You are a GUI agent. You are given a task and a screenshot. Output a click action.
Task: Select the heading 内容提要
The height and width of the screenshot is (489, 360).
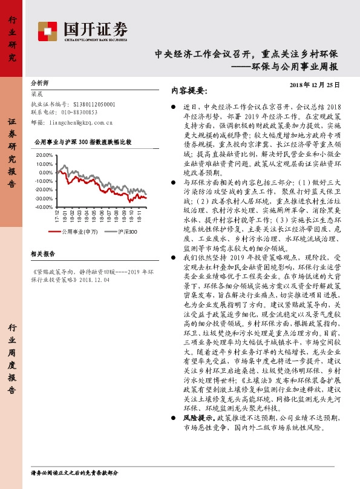tap(189, 91)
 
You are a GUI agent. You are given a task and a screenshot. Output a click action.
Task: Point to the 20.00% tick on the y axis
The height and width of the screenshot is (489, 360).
tap(45, 156)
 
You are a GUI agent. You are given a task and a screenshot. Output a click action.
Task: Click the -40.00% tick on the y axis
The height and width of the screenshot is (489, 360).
tap(44, 207)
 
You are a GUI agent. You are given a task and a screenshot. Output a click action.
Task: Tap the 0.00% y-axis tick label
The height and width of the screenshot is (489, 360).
tap(46, 172)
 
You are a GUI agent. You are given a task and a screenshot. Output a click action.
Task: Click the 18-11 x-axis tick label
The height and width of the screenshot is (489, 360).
tap(140, 217)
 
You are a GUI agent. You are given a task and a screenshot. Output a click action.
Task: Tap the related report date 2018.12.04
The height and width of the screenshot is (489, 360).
tap(95, 280)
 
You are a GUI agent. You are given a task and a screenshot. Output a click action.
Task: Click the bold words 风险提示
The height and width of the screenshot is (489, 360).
tap(197, 418)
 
